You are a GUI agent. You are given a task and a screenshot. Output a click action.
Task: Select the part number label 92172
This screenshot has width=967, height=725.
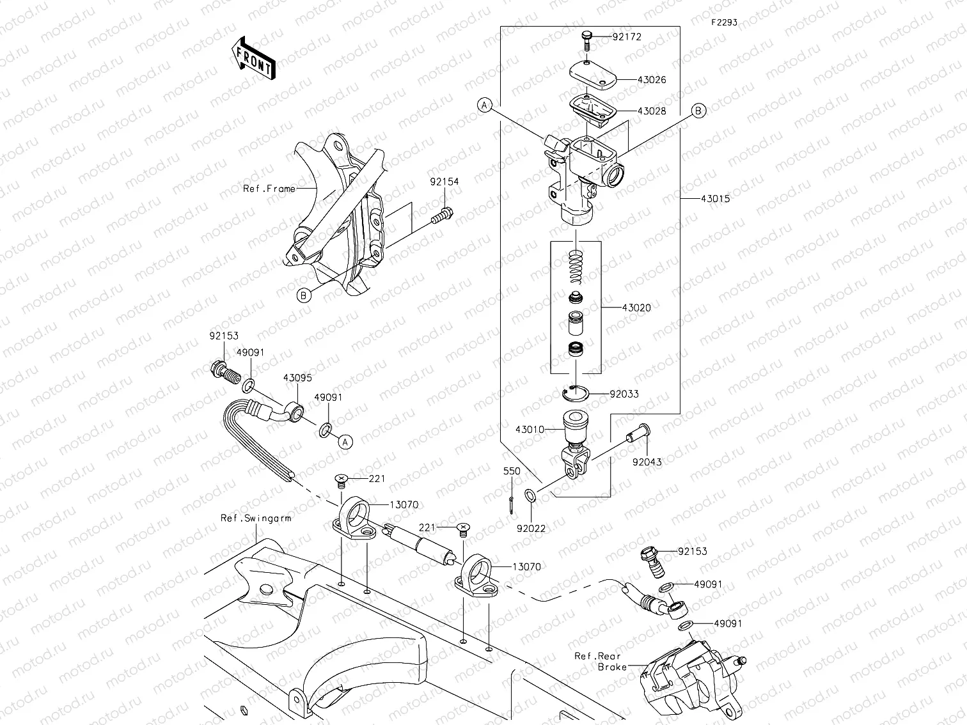[x=626, y=37]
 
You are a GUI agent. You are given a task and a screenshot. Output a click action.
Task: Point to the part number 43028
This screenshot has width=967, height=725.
[x=652, y=111]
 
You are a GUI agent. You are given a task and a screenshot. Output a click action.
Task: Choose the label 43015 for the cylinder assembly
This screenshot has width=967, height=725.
[x=715, y=199]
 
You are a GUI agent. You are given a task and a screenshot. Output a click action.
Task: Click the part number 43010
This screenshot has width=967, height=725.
[x=530, y=429]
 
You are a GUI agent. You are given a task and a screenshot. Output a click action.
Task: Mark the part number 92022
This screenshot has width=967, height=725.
[x=531, y=529]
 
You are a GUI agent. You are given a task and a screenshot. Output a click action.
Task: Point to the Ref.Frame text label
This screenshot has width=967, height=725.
[x=269, y=189]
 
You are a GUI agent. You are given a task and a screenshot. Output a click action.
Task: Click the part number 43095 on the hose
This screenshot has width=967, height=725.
[x=297, y=378]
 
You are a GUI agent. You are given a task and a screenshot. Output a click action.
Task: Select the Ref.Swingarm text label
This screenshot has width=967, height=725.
[x=256, y=518]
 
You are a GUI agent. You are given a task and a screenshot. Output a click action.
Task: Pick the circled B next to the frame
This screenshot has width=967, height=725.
[x=304, y=295]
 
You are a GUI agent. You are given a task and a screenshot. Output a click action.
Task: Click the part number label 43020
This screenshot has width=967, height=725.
[x=636, y=308]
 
